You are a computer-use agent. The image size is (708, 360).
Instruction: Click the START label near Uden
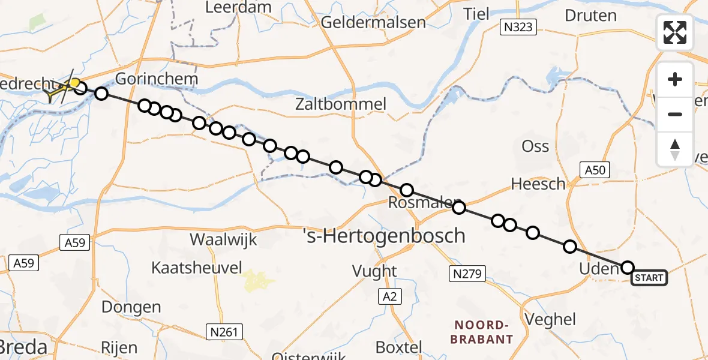[649, 278]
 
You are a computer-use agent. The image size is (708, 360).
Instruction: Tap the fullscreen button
[675, 32]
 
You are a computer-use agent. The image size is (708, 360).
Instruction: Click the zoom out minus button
[675, 114]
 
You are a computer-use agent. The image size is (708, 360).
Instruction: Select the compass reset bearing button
[675, 149]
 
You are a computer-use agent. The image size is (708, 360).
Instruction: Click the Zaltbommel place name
[341, 104]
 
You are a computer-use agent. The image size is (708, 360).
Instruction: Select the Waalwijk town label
[223, 240]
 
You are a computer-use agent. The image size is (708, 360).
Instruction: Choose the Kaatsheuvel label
[196, 268]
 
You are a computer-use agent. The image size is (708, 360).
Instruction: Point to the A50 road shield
[595, 170]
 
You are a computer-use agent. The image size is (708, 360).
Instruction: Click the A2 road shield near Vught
[390, 295]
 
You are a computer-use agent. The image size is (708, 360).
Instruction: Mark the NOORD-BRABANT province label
[484, 332]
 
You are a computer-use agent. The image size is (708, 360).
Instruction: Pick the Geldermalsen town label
[374, 23]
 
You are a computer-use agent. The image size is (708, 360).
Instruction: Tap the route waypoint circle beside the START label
[628, 268]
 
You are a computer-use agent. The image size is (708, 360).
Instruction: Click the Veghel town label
[550, 319]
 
